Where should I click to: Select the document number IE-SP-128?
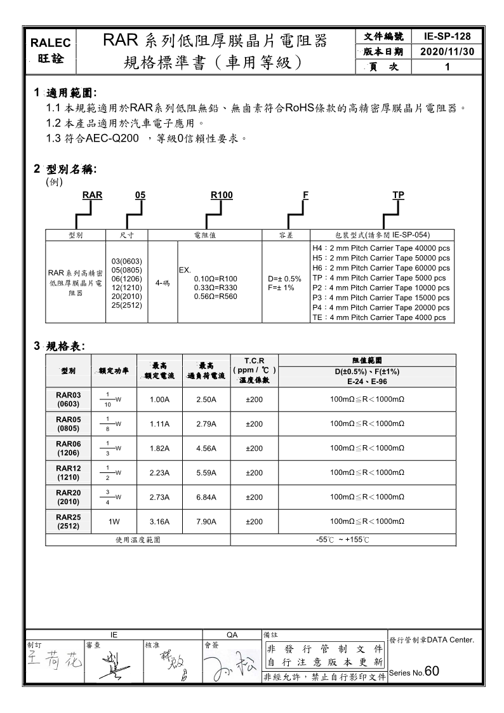(448, 37)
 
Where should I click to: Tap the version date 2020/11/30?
(448, 51)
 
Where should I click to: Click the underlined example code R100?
(221, 196)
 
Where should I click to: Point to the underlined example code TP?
(399, 196)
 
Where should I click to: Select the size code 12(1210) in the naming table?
(127, 288)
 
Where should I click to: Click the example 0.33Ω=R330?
(216, 288)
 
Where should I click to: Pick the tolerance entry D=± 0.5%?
(284, 279)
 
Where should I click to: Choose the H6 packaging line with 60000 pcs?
(381, 269)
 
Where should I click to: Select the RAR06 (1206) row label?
(68, 448)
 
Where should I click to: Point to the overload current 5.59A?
(206, 472)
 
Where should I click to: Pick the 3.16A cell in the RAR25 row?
(159, 521)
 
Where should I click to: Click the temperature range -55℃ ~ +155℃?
(342, 540)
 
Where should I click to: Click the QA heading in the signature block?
(232, 634)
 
